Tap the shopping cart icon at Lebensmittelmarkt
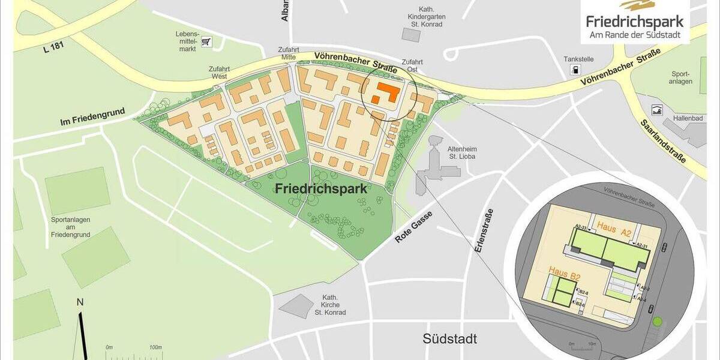click(x=206, y=41)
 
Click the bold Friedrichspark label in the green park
click(x=321, y=188)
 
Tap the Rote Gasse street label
click(x=413, y=228)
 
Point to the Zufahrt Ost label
click(x=412, y=65)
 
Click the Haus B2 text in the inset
click(x=564, y=276)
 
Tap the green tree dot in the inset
click(x=658, y=323)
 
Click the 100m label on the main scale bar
click(x=155, y=347)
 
